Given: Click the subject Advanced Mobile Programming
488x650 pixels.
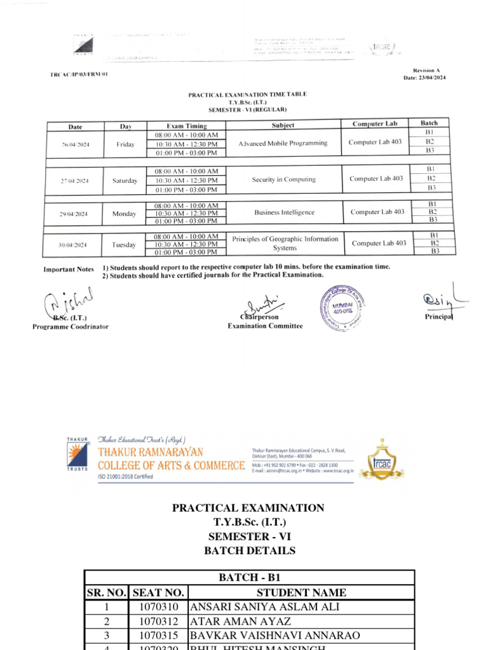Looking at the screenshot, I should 283,143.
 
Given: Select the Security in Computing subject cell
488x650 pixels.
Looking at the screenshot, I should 283,180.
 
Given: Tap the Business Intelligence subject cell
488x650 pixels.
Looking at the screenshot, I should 284,213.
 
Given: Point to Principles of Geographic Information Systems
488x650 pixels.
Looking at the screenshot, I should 285,243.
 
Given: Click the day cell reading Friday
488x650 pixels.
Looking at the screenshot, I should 125,145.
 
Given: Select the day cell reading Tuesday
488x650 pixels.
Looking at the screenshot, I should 124,245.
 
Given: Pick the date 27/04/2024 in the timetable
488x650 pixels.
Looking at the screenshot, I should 75,181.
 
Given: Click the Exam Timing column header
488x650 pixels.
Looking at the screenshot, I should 186,126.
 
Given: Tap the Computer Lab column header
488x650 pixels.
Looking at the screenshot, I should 374,124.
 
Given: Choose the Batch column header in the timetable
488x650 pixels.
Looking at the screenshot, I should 429,123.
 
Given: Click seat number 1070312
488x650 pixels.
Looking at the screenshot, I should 158,621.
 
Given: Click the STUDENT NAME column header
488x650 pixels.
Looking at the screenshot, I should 301,593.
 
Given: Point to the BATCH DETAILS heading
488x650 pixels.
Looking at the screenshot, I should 249,551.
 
